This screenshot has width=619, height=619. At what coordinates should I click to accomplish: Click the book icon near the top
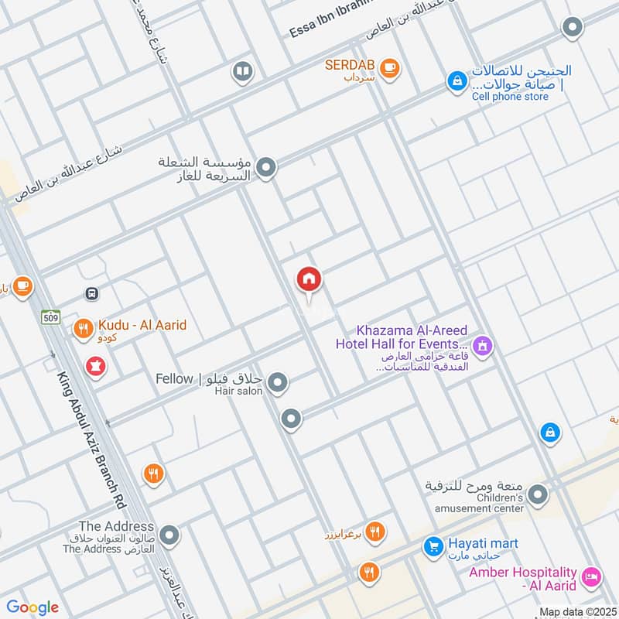pyautogui.click(x=243, y=73)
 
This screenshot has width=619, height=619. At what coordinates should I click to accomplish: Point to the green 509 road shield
pyautogui.click(x=51, y=316)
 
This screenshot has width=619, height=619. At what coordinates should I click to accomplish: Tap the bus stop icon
pyautogui.click(x=92, y=294)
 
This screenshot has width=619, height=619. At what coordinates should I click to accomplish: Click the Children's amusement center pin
pyautogui.click(x=539, y=493)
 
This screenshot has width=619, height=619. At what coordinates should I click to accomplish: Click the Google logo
pyautogui.click(x=32, y=607)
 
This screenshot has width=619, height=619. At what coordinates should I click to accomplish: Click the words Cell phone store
pyautogui.click(x=510, y=97)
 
